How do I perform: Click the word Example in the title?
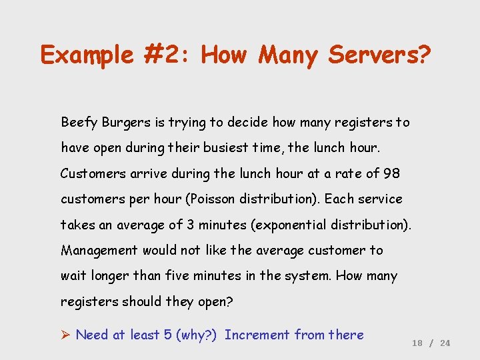87,55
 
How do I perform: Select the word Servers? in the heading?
379,55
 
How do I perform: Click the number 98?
391,173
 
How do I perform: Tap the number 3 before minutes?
191,225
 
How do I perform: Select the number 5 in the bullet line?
167,335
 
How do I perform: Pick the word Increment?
257,335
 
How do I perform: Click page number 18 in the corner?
417,343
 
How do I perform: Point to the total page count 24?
445,343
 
